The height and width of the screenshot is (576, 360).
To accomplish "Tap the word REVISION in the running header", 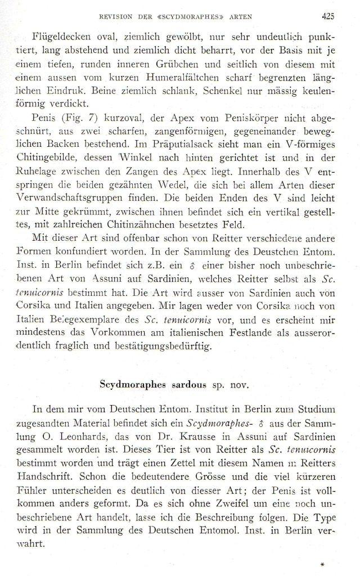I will [x=115, y=16].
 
